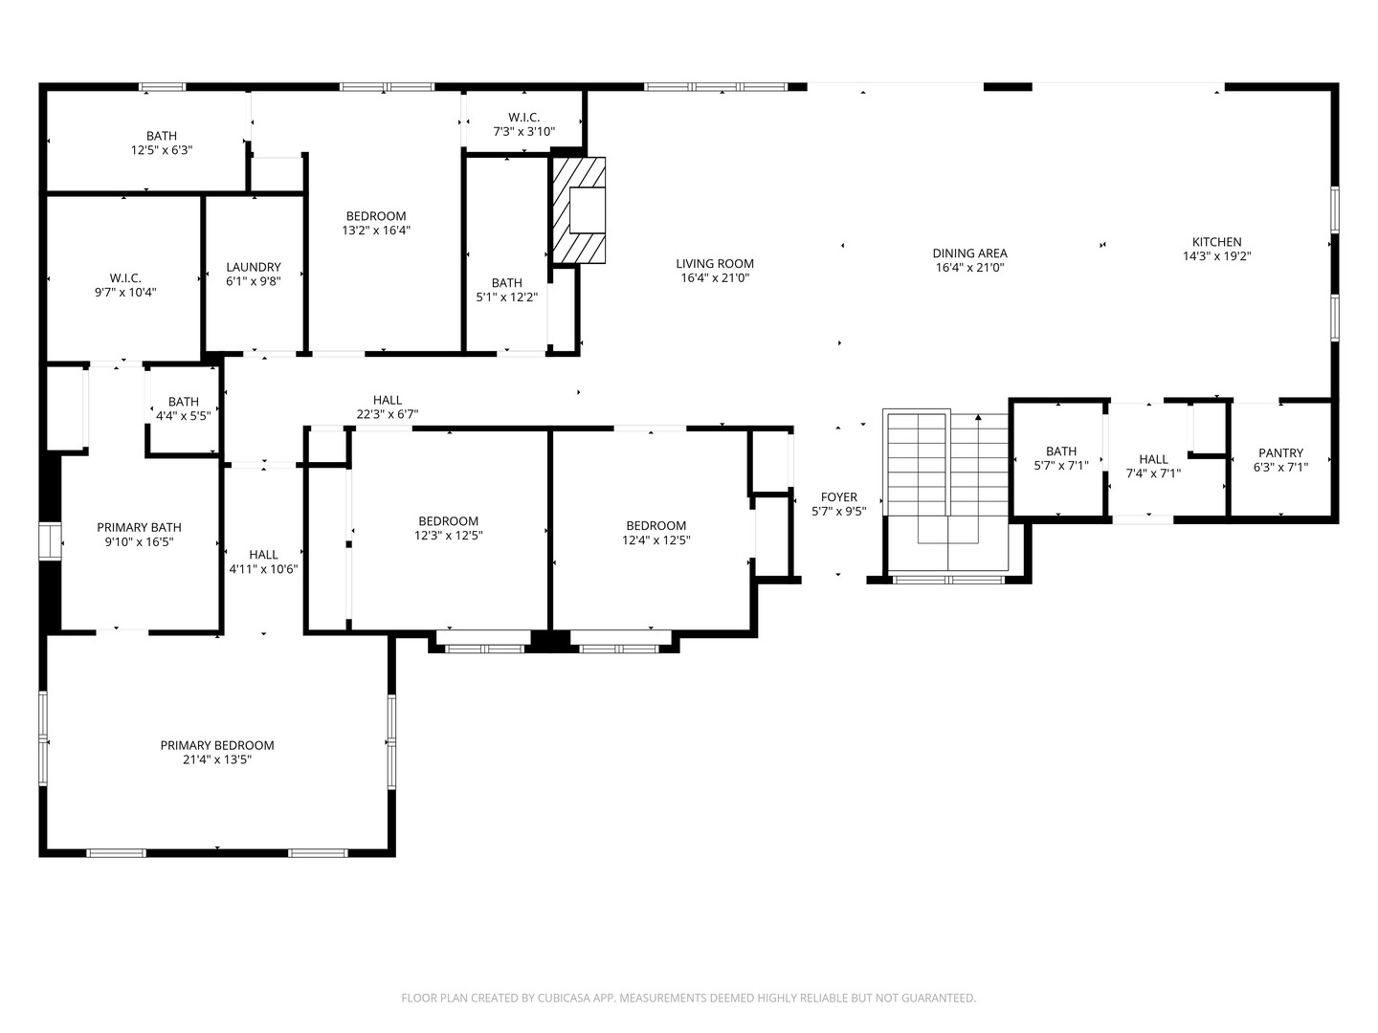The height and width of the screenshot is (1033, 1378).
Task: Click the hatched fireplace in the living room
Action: [x=578, y=210]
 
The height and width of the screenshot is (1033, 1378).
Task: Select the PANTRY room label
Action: [x=1280, y=452]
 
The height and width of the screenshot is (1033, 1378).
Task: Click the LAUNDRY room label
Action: [x=254, y=267]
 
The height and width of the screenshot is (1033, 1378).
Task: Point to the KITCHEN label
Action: [x=1216, y=242]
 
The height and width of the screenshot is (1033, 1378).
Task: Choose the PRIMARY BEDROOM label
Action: [x=217, y=745]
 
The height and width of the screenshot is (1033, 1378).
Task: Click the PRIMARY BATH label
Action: [x=140, y=527]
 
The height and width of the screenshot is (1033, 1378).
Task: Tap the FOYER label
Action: [x=838, y=497]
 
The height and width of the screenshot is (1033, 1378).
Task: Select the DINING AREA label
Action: [x=970, y=253]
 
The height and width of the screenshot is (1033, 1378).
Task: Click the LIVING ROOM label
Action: [x=715, y=264]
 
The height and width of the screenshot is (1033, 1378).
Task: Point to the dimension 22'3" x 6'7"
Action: [x=388, y=414]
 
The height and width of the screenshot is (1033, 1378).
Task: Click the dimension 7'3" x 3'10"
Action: [x=524, y=132]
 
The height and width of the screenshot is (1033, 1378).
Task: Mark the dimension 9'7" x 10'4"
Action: [x=125, y=293]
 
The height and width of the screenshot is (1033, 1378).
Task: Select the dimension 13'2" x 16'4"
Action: [x=376, y=231]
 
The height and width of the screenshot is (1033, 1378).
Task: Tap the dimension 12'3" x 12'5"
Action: [x=448, y=536]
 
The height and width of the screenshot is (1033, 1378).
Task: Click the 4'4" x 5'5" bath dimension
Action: [x=184, y=415]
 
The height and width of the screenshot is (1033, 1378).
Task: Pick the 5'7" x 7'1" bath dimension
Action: [x=1061, y=466]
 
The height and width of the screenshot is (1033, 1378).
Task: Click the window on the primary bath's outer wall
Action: [x=50, y=540]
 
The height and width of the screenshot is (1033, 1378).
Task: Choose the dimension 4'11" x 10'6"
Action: [x=264, y=569]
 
